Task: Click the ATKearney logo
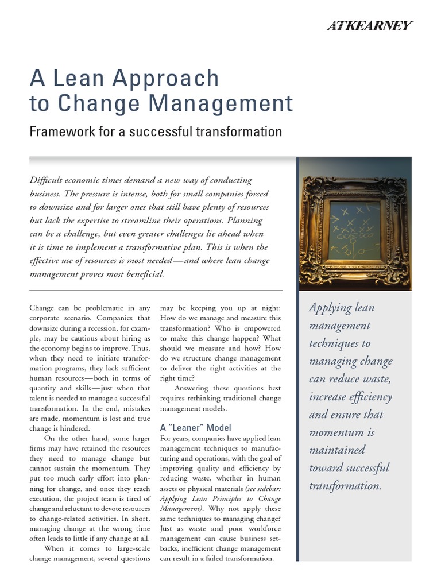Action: point(369,25)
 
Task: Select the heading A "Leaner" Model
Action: point(195,427)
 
